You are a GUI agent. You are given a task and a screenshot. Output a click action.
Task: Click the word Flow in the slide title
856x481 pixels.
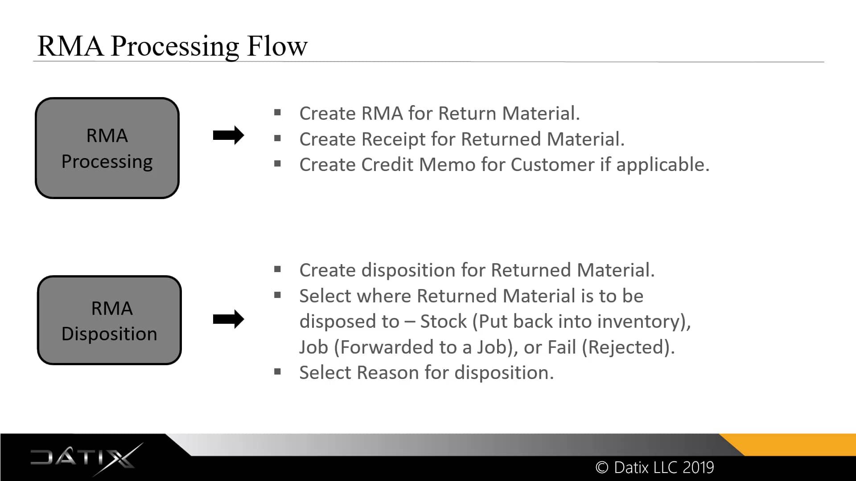pyautogui.click(x=277, y=46)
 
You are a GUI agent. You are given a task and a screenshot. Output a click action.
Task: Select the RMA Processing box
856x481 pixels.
pyautogui.click(x=107, y=148)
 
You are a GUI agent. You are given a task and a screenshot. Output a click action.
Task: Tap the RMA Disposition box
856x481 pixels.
pyautogui.click(x=109, y=320)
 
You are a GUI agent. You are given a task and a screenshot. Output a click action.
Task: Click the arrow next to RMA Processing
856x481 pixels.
pyautogui.click(x=228, y=135)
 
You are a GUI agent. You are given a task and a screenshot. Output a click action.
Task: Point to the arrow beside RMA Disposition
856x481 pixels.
pyautogui.click(x=228, y=319)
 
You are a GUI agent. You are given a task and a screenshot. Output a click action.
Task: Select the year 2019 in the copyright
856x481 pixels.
pyautogui.click(x=698, y=467)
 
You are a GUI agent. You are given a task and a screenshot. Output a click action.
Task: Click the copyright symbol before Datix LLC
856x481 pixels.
pyautogui.click(x=601, y=467)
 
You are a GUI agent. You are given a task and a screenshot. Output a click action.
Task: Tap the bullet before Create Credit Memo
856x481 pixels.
pyautogui.click(x=277, y=164)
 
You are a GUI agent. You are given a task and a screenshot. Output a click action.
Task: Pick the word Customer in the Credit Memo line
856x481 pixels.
pyautogui.click(x=552, y=165)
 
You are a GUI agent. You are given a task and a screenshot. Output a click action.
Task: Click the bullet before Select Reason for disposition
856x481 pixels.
pyautogui.click(x=277, y=372)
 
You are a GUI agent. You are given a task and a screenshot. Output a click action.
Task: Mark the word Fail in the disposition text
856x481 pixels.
pyautogui.click(x=561, y=347)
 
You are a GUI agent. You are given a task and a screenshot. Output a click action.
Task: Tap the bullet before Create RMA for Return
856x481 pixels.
pyautogui.click(x=277, y=113)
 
